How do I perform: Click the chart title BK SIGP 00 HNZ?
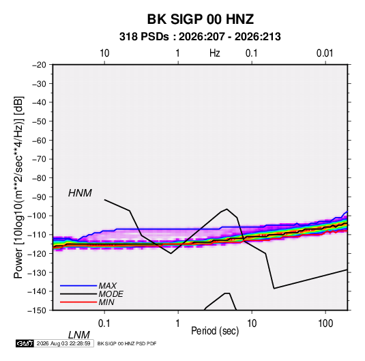click(x=200, y=19)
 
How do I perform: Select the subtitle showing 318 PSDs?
click(x=200, y=37)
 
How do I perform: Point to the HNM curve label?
click(x=80, y=193)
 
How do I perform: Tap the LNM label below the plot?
click(x=79, y=335)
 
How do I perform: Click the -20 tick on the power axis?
click(x=39, y=65)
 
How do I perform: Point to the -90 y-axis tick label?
click(x=39, y=197)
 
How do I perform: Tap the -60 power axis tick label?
click(x=39, y=140)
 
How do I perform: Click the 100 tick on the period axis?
click(x=325, y=323)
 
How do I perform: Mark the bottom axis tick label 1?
click(x=178, y=323)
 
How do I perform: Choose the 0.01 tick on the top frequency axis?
click(x=325, y=53)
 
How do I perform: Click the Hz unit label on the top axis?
click(x=215, y=53)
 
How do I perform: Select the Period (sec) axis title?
click(x=215, y=331)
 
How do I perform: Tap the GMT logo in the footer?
click(x=25, y=343)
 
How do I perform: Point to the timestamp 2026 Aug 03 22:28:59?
click(x=63, y=343)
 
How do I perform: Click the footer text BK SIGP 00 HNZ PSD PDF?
click(x=127, y=343)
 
